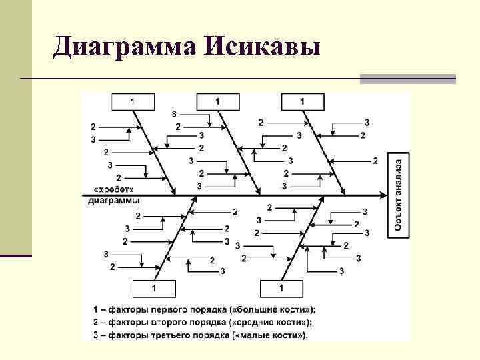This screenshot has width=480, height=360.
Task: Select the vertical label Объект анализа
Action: coord(397,195)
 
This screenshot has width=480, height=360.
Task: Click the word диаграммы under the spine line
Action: coord(114,201)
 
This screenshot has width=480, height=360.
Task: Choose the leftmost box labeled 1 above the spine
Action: coord(132,101)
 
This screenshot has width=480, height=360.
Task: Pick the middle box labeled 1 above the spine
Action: coord(218,101)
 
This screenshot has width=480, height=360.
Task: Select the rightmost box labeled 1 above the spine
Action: coord(303,101)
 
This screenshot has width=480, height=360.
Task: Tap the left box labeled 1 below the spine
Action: coord(154,289)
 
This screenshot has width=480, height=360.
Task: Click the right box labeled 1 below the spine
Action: coord(281,289)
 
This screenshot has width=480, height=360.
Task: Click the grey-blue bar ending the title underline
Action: coord(407,79)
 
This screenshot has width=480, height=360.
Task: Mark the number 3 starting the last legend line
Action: coord(95,335)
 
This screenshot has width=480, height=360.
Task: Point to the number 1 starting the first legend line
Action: coord(95,309)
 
